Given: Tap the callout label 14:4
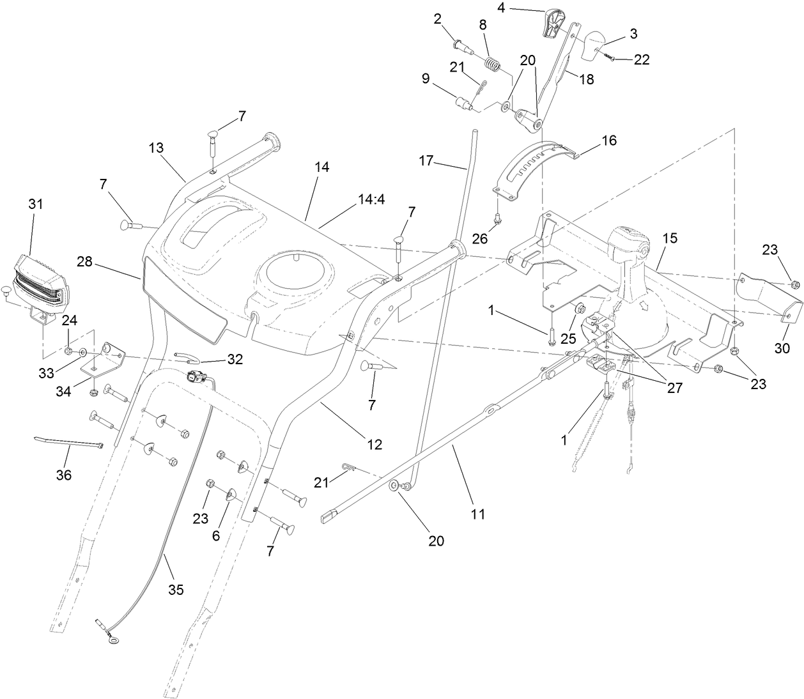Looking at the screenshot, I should tap(371, 199).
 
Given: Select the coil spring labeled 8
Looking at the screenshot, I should tap(491, 64).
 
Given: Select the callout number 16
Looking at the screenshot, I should tap(609, 140).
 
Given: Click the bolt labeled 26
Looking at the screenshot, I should tap(498, 219).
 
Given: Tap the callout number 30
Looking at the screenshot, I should tap(782, 348).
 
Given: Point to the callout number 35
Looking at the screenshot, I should tap(175, 590).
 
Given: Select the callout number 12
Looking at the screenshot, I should tap(374, 444).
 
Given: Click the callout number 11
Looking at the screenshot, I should tap(478, 512).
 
